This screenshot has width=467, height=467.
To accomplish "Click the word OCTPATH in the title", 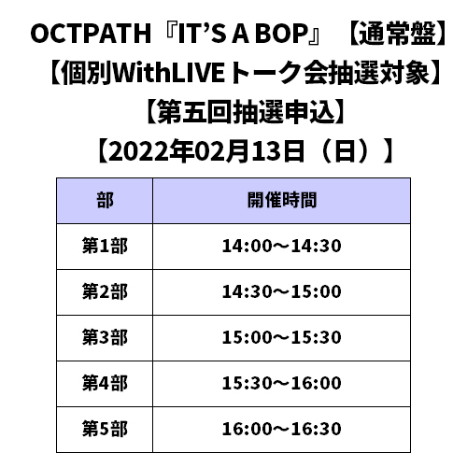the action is pyautogui.click(x=91, y=34).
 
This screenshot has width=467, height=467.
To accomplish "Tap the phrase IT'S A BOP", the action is pyautogui.click(x=243, y=34).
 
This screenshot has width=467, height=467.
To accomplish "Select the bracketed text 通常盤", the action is pyautogui.click(x=397, y=34).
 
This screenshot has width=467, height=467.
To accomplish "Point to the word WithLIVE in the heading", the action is pyautogui.click(x=168, y=73).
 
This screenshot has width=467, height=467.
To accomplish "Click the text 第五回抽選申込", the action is pyautogui.click(x=246, y=112).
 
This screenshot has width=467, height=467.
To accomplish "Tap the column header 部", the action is pyautogui.click(x=105, y=200).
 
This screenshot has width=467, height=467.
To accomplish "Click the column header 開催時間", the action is pyautogui.click(x=282, y=200).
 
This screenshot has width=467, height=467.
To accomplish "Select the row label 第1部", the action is pyautogui.click(x=105, y=246).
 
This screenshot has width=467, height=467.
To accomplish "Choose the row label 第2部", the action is pyautogui.click(x=105, y=291).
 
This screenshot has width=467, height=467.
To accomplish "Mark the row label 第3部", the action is pyautogui.click(x=105, y=337).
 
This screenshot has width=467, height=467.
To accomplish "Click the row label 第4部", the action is pyautogui.click(x=105, y=383).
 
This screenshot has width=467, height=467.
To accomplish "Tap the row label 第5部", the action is pyautogui.click(x=105, y=429).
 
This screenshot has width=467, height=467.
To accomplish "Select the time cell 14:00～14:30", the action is pyautogui.click(x=282, y=246).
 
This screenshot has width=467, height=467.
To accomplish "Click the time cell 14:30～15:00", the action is pyautogui.click(x=282, y=291).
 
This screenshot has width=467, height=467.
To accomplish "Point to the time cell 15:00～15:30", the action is pyautogui.click(x=282, y=337).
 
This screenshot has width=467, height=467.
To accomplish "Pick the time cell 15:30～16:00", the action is pyautogui.click(x=282, y=383).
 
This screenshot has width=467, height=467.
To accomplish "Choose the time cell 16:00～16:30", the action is pyautogui.click(x=282, y=429).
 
